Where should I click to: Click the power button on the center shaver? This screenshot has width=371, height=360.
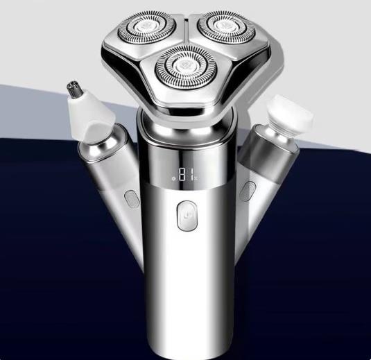pos(187,216)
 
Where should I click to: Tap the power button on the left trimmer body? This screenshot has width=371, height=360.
pos(132,198)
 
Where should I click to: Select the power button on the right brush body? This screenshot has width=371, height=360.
pos(248,191)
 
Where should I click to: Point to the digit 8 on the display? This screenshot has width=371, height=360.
pos(182,174)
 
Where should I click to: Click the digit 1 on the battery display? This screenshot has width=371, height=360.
pos(192,174)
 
